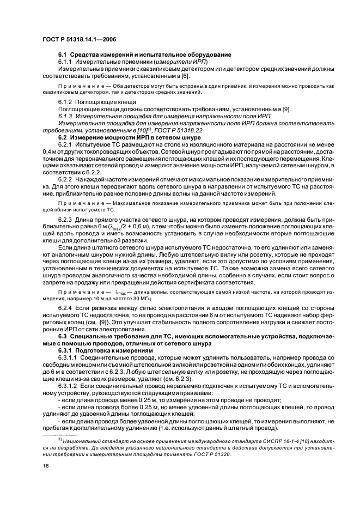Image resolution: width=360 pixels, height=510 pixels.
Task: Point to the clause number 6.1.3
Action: [66, 116]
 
